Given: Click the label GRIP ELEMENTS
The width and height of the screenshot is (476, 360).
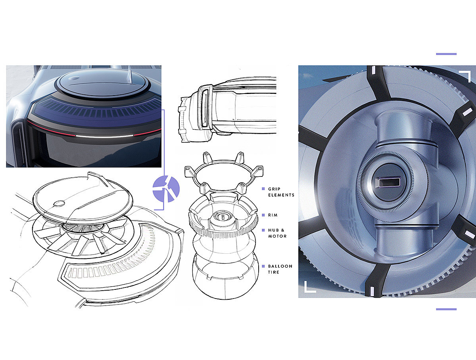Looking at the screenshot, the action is pyautogui.click(x=281, y=192).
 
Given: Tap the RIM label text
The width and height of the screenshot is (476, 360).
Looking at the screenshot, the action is pyautogui.click(x=273, y=215).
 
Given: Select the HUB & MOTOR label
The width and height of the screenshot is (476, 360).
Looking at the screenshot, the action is pyautogui.click(x=277, y=233).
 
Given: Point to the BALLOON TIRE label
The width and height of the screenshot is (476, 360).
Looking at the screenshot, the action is pyautogui.click(x=280, y=269).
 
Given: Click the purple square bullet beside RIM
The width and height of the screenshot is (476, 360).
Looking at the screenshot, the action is pyautogui.click(x=263, y=215).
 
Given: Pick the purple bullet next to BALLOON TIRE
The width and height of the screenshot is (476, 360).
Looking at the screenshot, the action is pyautogui.click(x=263, y=266).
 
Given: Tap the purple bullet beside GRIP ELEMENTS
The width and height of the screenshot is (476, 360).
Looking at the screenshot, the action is pyautogui.click(x=263, y=189).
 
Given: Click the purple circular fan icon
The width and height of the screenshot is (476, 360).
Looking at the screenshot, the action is pyautogui.click(x=166, y=189).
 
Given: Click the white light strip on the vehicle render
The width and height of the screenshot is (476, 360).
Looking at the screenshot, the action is pyautogui.click(x=104, y=136).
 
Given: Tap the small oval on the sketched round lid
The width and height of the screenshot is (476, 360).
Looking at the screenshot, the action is pyautogui.click(x=59, y=203).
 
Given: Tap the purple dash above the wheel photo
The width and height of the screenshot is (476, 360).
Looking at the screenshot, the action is pyautogui.click(x=446, y=54).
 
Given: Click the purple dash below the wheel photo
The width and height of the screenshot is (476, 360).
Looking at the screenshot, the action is pyautogui.click(x=446, y=309).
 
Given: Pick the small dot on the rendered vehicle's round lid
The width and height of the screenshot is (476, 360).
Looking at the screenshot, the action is pyautogui.click(x=75, y=79).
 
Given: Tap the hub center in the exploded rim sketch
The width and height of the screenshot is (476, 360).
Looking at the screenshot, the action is pyautogui.click(x=223, y=217).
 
